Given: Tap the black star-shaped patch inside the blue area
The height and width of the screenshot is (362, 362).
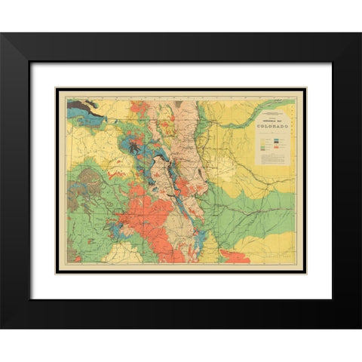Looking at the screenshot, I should pyautogui.click(x=135, y=147).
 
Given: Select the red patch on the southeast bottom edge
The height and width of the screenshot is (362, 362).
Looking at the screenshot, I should pyautogui.click(x=235, y=257).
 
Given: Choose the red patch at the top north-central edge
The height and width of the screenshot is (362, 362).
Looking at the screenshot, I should pyautogui.click(x=139, y=106).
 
